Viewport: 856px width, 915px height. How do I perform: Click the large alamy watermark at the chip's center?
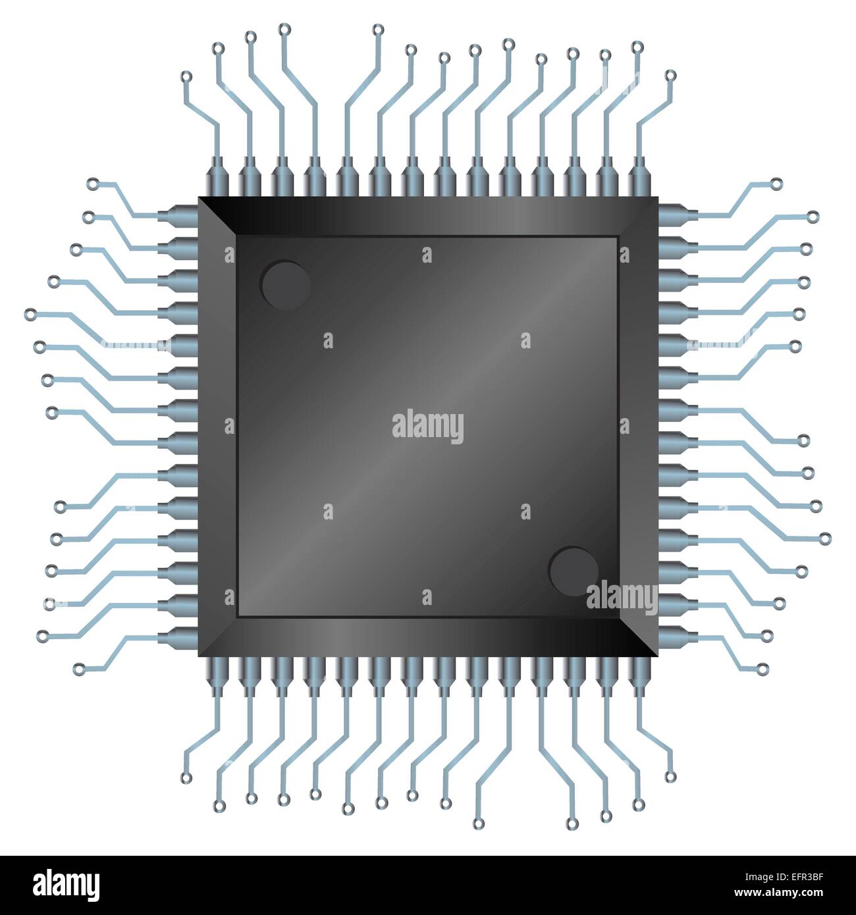click(x=427, y=427)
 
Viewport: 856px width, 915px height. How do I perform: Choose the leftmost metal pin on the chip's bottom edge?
click(x=218, y=675)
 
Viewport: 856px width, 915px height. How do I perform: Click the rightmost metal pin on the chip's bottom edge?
click(x=637, y=675)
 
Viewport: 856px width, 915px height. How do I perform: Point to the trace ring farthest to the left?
click(x=29, y=315)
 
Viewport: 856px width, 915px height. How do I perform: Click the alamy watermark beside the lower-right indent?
click(x=621, y=598)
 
